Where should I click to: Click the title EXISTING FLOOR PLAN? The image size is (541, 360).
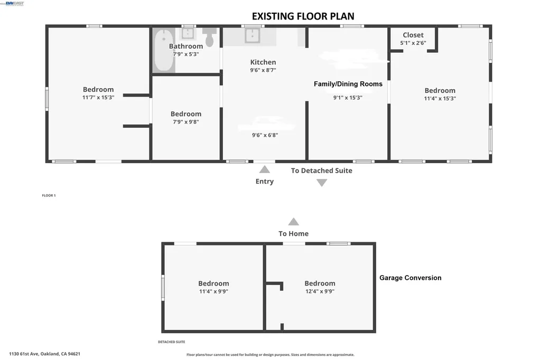[303, 16]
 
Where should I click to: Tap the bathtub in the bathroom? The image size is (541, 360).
[163, 51]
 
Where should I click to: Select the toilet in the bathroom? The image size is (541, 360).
[210, 38]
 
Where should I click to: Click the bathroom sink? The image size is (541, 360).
[188, 33]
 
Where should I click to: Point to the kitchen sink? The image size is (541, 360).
[252, 35]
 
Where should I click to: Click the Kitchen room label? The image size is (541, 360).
[263, 62]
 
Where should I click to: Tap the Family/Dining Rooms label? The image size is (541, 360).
[348, 84]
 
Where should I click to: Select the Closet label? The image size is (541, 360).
[413, 35]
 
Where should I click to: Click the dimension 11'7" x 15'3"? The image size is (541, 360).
[98, 98]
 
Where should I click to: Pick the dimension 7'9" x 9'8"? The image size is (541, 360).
[185, 122]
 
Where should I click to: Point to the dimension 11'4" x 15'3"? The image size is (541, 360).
[440, 98]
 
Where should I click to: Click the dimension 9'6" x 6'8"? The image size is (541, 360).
[265, 135]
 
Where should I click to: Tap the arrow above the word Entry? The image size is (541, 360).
[265, 169]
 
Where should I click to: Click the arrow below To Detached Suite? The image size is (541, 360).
[322, 183]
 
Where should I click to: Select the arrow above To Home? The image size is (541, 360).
[293, 222]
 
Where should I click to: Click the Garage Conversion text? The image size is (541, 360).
[410, 278]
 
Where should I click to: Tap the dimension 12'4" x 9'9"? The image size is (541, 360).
[319, 291]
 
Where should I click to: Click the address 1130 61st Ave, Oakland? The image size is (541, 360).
[44, 354]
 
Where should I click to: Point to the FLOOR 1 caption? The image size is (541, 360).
[49, 195]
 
